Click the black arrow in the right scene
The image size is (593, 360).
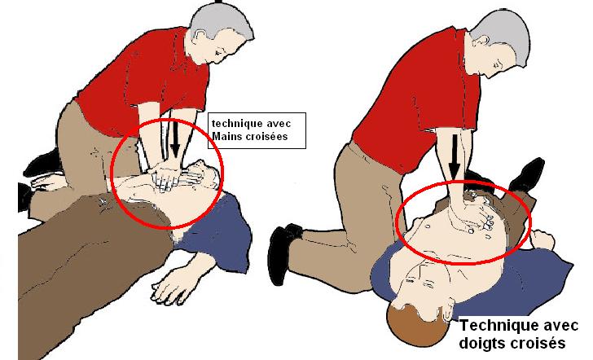click(x=455, y=154)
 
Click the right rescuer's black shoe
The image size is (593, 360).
click(x=286, y=252)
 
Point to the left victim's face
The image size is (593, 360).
click(x=206, y=174)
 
